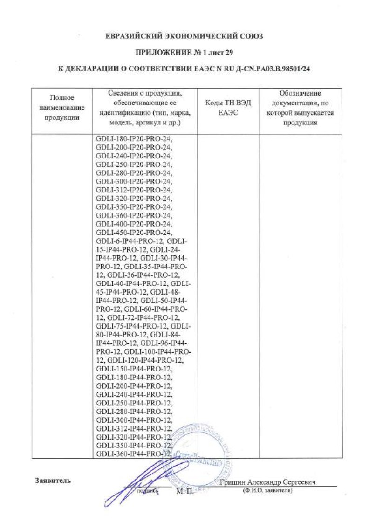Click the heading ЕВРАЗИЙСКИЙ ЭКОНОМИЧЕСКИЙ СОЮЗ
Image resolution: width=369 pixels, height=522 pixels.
(x=185, y=36)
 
